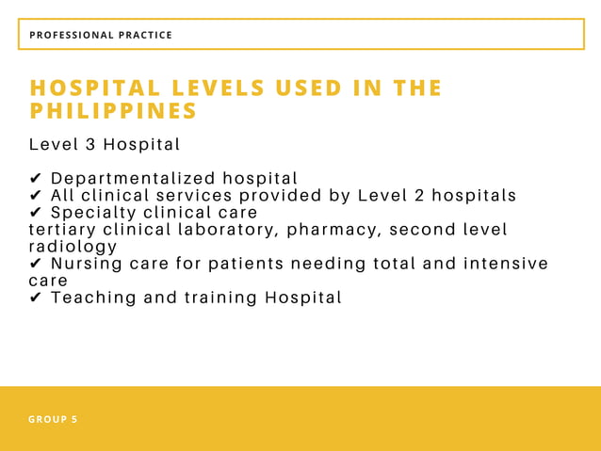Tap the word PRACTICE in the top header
145,35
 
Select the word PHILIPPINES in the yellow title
113,111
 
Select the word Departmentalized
132,179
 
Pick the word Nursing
86,264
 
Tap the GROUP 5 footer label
53,419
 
